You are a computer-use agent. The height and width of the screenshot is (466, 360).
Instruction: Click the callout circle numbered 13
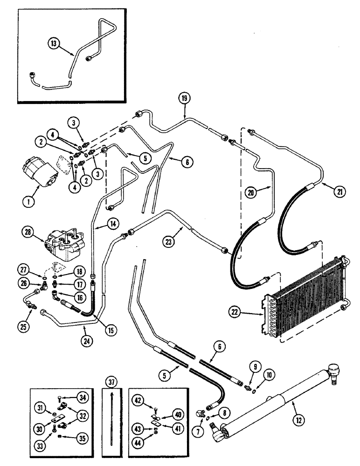(x=54, y=44)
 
